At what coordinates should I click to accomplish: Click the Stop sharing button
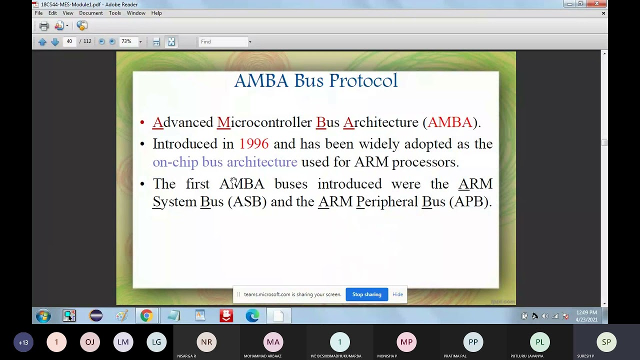point(366,294)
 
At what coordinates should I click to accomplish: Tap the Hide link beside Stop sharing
point(397,294)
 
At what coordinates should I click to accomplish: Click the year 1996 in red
point(253,144)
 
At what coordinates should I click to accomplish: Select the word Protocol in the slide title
point(363,81)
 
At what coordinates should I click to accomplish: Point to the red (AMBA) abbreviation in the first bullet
point(449,122)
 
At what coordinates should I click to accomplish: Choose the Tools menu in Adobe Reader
point(114,13)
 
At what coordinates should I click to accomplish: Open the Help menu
point(156,13)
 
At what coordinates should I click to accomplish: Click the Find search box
point(223,42)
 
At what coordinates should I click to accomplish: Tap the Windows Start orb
point(43,315)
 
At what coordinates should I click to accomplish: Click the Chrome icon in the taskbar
point(146,315)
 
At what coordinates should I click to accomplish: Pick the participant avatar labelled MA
point(273,342)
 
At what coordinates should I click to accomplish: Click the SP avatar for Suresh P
point(606,342)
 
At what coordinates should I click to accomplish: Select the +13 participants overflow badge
point(23,342)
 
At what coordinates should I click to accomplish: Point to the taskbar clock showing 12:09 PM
point(586,315)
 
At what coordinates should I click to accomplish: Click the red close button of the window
point(596,4)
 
